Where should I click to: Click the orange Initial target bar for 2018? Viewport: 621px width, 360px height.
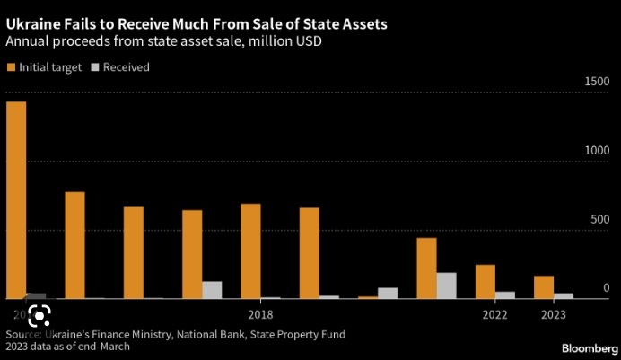(250, 250)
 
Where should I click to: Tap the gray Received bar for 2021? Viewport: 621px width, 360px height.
(446, 285)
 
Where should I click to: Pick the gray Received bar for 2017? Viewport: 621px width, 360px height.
(212, 289)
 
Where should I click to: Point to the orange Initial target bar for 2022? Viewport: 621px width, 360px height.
(485, 281)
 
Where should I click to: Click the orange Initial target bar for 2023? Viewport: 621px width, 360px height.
(544, 286)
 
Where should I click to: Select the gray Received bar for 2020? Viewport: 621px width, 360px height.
(388, 293)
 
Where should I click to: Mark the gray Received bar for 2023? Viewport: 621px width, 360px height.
(564, 295)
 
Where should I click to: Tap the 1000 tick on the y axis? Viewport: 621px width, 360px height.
(596, 151)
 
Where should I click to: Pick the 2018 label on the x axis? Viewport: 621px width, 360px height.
(260, 314)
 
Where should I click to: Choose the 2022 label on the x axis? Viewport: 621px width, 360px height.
(494, 314)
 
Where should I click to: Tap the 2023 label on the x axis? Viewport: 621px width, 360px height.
(554, 314)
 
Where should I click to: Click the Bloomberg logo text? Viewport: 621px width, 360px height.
(589, 347)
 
